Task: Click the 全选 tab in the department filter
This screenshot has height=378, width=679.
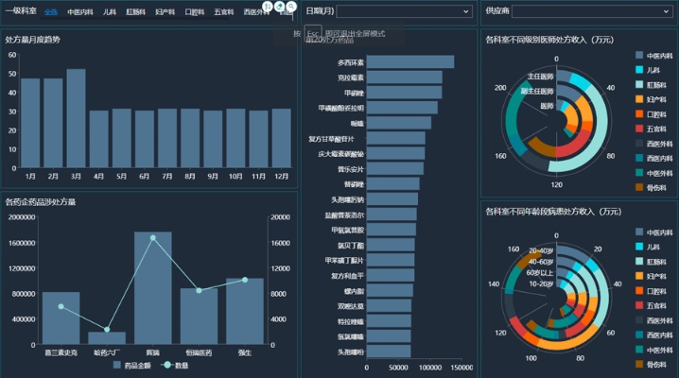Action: (50, 12)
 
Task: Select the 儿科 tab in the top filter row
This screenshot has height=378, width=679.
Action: (110, 12)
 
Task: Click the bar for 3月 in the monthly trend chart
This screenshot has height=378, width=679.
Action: (76, 118)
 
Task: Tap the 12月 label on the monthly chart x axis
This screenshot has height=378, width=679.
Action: (281, 176)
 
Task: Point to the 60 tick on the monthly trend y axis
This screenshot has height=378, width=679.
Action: (11, 55)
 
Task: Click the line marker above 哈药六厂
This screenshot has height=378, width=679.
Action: (107, 330)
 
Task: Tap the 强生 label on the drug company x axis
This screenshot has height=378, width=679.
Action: (244, 352)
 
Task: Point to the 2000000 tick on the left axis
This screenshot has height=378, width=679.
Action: (21, 216)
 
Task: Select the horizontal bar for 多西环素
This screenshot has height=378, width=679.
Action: (409, 61)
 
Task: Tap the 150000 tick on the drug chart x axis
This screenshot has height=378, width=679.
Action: (461, 367)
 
